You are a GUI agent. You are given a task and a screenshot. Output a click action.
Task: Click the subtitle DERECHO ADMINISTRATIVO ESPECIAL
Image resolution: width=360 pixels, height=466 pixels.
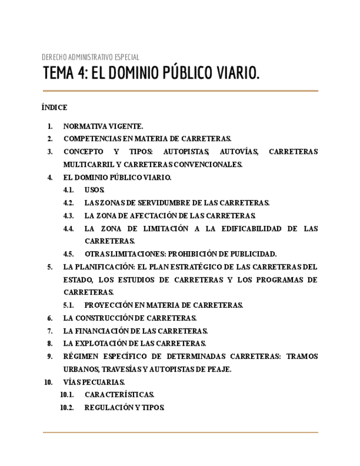[90, 57]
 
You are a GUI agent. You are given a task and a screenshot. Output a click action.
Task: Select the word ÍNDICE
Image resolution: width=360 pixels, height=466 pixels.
[54, 108]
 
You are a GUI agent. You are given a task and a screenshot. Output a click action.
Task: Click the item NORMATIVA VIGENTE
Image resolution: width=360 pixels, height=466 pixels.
[103, 126]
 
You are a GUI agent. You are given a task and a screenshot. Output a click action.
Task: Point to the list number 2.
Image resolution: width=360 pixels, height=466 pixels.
[49, 139]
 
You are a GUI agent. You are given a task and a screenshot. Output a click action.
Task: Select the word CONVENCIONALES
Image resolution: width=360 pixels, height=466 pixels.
[212, 165]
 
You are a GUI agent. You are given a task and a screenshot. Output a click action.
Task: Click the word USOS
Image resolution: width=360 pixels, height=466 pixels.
[94, 190]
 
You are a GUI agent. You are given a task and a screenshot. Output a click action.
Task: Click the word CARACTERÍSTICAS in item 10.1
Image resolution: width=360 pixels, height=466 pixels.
[119, 395]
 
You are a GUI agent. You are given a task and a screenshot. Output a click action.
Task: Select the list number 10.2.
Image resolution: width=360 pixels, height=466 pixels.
[67, 408]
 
